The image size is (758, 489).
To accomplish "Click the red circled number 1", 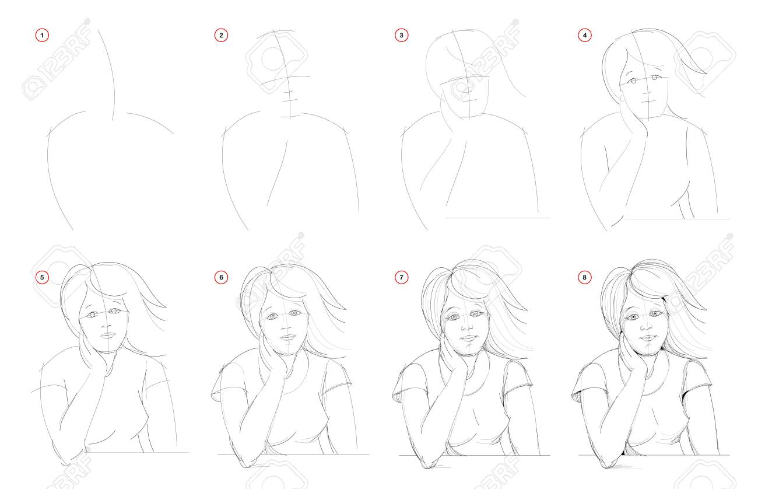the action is (42, 35).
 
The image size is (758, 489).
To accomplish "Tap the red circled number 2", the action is (221, 35).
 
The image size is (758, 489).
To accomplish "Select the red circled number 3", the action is (401, 35).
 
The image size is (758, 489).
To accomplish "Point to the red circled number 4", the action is (584, 35).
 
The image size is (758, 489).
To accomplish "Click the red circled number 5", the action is (42, 277).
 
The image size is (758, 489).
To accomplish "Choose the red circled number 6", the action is (221, 277).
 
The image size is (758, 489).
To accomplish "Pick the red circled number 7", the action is (401, 277).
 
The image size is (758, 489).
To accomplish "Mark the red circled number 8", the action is (584, 277).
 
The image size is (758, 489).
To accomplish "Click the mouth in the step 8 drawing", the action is (648, 338).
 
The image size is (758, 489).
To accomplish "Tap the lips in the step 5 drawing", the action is (108, 335).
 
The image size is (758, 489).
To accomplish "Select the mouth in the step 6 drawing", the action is (288, 337).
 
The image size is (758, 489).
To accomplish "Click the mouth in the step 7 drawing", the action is (469, 338).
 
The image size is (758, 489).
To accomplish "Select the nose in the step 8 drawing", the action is (645, 326).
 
